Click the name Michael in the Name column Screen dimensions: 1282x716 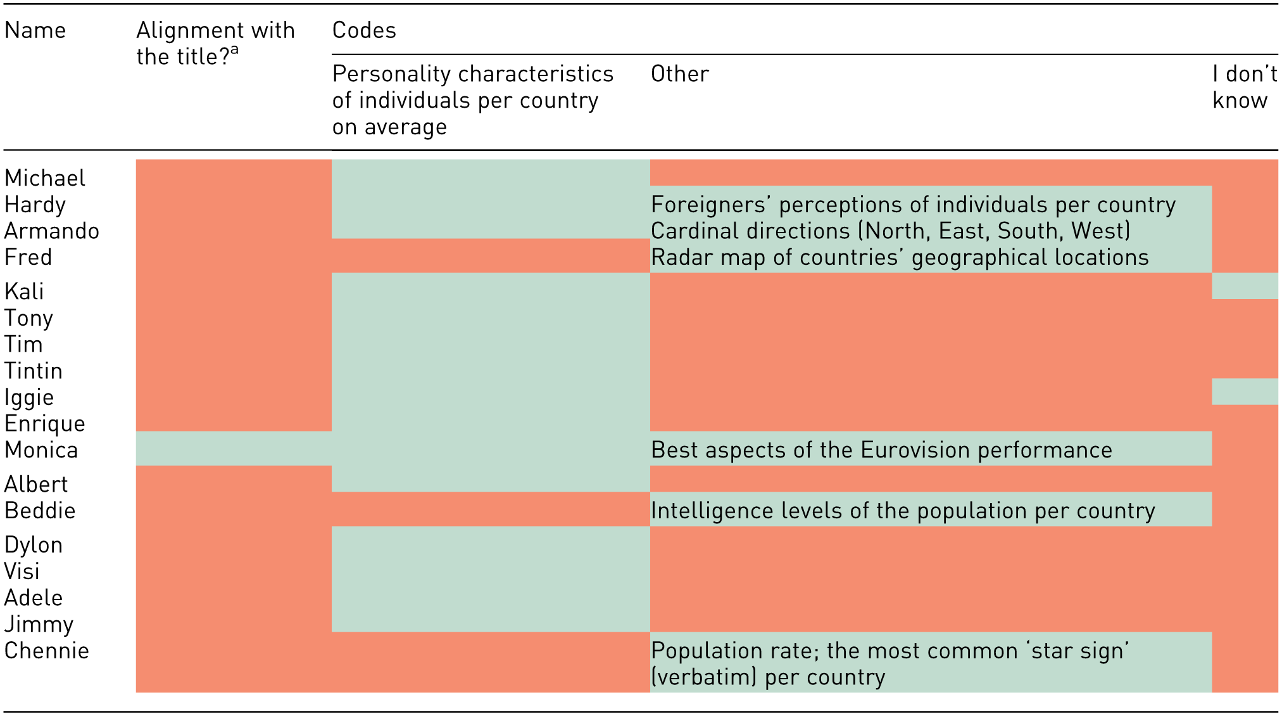point(45,178)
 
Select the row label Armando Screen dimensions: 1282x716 point(52,231)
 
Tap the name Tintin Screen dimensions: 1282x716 point(34,371)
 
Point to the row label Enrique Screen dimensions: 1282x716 point(45,424)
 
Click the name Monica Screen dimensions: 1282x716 point(41,450)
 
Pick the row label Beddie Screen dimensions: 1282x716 point(40,511)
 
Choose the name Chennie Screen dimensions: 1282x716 point(47,651)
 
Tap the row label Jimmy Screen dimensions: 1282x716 point(39,625)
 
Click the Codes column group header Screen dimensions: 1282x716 point(364,30)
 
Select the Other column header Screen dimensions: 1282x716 point(680,74)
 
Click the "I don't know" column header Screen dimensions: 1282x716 point(1245,87)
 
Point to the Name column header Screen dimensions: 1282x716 point(35,30)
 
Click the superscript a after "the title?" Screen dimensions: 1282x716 point(234,50)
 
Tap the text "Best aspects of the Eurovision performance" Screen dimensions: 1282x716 point(881,450)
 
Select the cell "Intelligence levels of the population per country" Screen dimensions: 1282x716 point(903,511)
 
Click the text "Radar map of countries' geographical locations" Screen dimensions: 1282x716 point(900,257)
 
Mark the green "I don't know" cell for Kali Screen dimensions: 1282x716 point(1245,286)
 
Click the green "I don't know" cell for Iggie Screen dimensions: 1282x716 point(1245,392)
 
